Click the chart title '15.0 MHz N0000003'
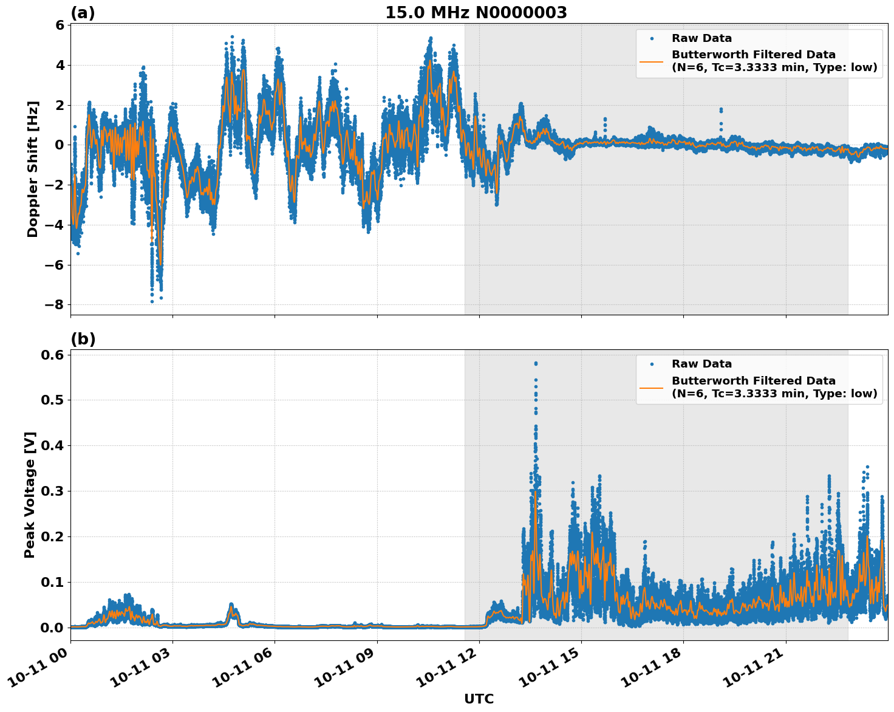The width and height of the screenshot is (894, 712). (x=476, y=13)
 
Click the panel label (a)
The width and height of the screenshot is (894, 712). (x=83, y=13)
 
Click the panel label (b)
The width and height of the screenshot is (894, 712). (x=83, y=339)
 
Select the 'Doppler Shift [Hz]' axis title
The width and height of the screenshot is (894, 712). (x=33, y=169)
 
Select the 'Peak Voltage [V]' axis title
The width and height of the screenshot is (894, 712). (x=30, y=495)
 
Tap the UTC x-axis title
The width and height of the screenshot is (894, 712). (x=479, y=699)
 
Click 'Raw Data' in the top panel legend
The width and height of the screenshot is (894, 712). (x=701, y=38)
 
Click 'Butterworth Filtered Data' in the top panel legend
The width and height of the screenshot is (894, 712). (x=753, y=55)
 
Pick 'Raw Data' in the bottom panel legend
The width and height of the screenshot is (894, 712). (x=701, y=364)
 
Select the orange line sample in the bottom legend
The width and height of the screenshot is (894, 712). (x=651, y=387)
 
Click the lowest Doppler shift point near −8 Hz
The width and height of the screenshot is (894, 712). (x=152, y=301)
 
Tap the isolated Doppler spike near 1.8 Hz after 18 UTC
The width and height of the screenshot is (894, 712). (x=721, y=109)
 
